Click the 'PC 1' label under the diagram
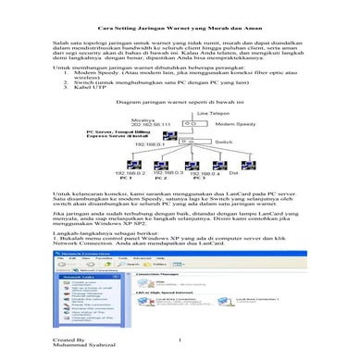[125, 178]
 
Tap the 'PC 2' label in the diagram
[161, 178]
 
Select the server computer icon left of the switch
[169, 135]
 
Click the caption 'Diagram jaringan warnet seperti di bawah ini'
[176, 103]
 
